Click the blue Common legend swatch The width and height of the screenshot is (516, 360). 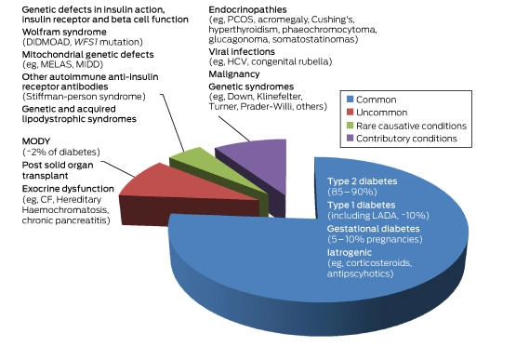pos(351,100)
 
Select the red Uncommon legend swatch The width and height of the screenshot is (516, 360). pos(351,112)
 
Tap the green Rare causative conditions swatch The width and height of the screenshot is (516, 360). pos(351,126)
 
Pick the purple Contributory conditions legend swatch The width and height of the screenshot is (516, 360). pos(351,138)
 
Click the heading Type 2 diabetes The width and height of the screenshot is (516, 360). pos(362,181)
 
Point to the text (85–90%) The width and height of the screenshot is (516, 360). pos(352,192)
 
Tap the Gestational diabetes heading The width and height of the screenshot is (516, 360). pos(373,229)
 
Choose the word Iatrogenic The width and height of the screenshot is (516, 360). pos(350,253)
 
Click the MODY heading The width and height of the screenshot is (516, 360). pos(36,141)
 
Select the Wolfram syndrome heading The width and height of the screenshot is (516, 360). pos(64,32)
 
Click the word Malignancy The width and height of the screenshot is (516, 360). pos(234,74)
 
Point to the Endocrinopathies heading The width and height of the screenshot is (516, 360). pos(247,9)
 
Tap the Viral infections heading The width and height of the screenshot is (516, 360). pos(242,52)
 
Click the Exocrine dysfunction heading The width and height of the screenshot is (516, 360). pos(68,189)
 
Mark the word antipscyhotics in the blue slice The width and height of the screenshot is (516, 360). pos(360,273)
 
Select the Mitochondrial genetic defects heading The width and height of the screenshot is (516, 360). pos(88,54)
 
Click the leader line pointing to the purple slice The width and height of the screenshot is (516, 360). pos(234,128)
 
